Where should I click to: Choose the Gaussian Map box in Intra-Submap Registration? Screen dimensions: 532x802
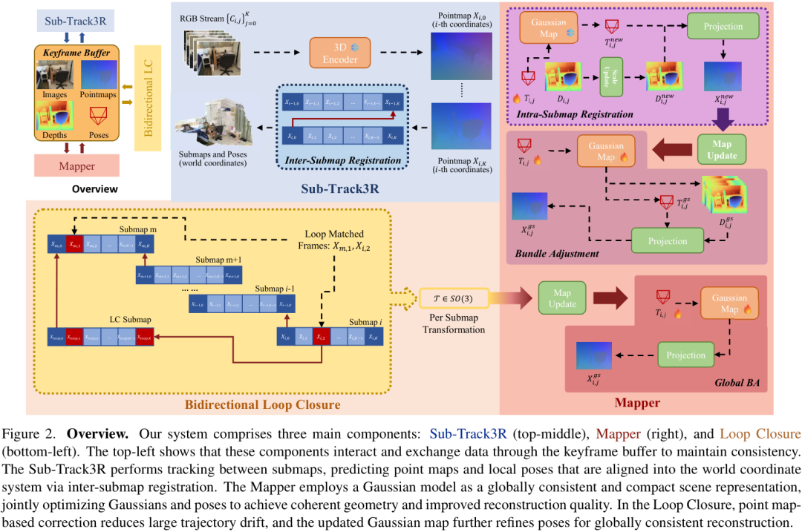pos(548,28)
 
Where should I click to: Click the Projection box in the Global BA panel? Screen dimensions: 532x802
pos(685,355)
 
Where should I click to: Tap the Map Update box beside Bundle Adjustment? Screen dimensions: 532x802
pos(721,150)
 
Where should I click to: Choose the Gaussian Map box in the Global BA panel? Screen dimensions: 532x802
pos(729,302)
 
